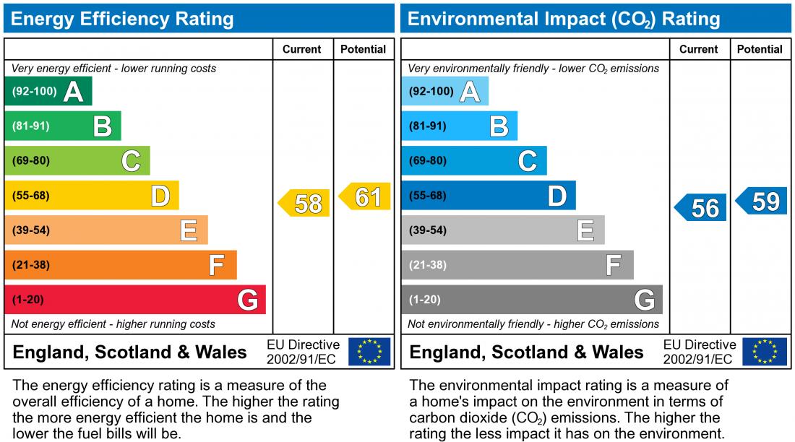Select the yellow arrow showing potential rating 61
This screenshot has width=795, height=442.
click(366, 196)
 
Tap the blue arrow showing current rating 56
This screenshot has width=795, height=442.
click(702, 208)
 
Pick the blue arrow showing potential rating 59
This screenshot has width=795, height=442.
click(762, 201)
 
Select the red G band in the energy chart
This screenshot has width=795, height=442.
click(135, 300)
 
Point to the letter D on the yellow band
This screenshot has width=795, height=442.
click(160, 196)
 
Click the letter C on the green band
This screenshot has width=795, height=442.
click(131, 161)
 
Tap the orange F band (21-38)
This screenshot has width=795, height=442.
click(121, 265)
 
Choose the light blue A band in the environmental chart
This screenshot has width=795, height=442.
click(444, 92)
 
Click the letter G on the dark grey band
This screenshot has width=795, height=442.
click(644, 300)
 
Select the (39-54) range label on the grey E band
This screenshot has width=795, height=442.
click(428, 230)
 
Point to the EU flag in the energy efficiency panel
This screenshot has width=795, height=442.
click(369, 352)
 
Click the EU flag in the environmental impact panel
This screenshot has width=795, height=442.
click(766, 352)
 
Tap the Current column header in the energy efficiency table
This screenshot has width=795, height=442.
click(301, 49)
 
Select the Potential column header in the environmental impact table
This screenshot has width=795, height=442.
click(760, 49)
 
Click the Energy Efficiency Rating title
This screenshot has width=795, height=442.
click(122, 19)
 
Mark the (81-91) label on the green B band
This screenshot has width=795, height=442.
click(31, 126)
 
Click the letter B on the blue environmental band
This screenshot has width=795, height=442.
click(499, 126)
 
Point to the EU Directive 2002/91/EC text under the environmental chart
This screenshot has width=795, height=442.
click(699, 352)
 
